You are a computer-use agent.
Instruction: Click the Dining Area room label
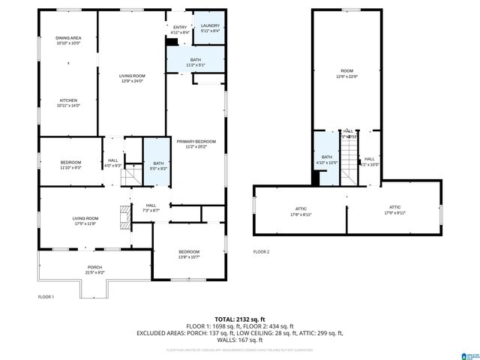coord(68,40)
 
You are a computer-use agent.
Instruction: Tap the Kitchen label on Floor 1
coord(68,102)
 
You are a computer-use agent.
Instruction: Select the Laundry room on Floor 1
coord(209,28)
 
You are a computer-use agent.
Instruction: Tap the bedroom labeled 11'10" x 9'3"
coord(70,164)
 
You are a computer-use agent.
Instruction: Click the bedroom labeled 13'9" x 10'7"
coord(188,253)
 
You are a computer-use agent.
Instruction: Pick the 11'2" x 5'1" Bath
coord(195,62)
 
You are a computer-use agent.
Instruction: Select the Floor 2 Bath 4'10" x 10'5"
coord(326,159)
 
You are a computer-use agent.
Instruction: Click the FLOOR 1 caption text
coord(46,296)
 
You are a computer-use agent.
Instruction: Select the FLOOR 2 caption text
coord(261,251)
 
